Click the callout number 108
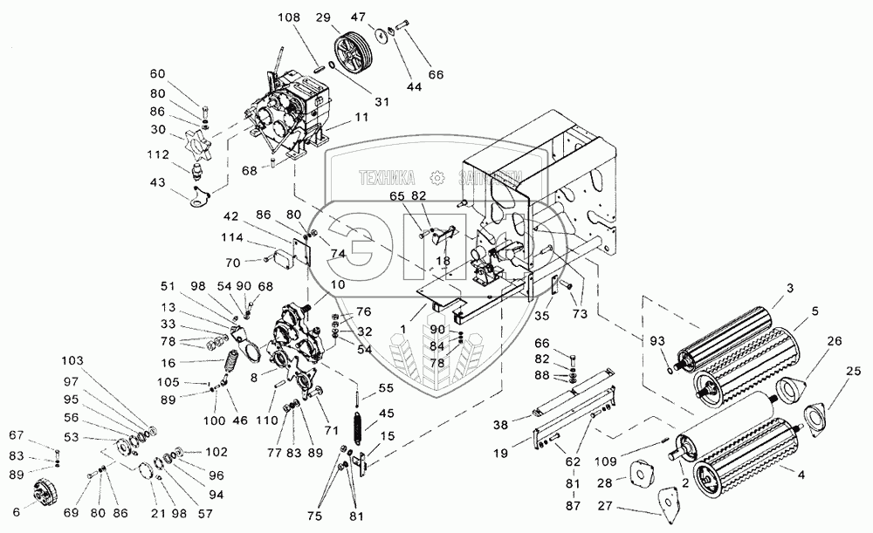(288, 16)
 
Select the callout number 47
(383, 16)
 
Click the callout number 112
(159, 154)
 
